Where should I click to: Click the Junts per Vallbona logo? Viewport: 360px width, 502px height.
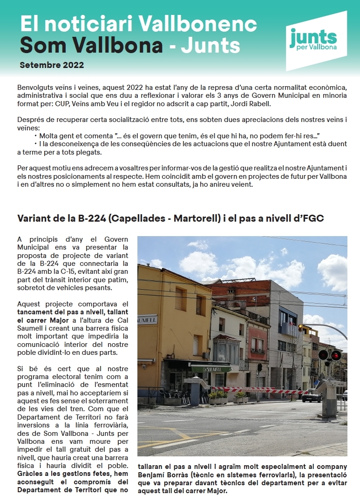pos(316,41)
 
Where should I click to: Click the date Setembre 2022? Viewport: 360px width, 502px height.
pos(52,65)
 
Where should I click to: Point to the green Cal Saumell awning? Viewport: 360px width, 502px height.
pos(211,369)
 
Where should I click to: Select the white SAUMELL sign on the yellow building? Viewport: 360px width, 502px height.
pos(148,320)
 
